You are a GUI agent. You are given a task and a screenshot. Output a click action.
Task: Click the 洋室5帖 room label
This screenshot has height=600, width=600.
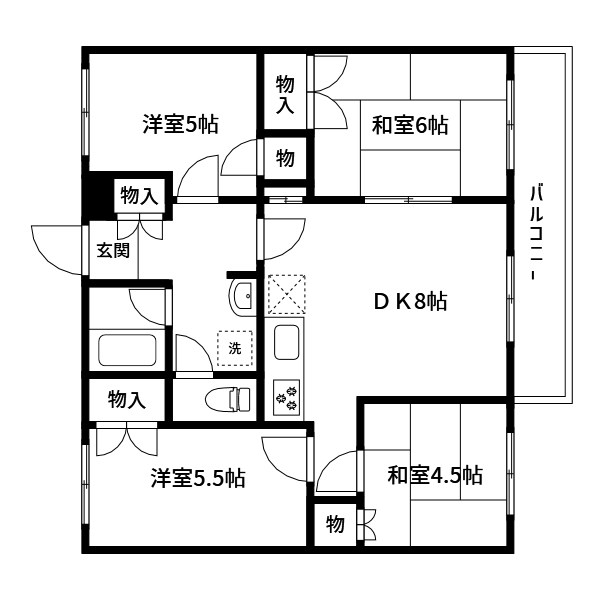point(180,125)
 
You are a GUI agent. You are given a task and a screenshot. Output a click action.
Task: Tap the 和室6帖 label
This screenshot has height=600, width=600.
point(410,125)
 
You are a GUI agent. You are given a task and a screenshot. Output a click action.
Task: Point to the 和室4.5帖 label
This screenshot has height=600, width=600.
point(435,474)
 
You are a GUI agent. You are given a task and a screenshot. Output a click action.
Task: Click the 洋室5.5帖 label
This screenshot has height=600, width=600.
point(198,477)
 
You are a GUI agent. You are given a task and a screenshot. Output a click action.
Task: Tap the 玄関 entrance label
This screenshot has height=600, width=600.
point(112,250)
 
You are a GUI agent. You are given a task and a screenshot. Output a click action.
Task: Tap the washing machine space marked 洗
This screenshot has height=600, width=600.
point(236,348)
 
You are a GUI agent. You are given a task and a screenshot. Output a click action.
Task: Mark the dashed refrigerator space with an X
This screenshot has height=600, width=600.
point(287,295)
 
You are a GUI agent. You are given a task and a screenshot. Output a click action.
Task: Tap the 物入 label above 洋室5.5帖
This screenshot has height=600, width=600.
point(127,401)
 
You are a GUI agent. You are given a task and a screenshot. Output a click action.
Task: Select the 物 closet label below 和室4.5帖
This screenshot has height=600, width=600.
point(335,524)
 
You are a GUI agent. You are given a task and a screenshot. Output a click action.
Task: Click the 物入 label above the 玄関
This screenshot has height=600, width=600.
point(139,195)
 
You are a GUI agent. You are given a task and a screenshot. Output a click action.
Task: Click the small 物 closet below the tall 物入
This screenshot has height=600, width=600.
point(285,158)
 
